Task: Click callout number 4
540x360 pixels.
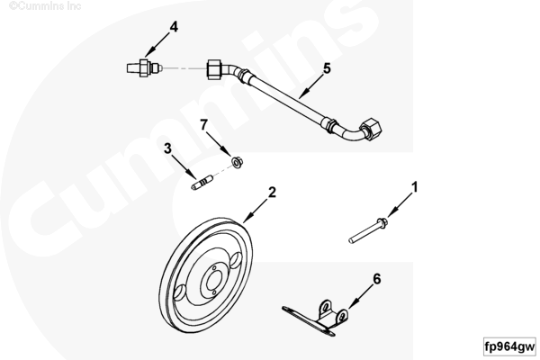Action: click(x=174, y=26)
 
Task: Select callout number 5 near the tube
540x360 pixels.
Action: click(x=327, y=68)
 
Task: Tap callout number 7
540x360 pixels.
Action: click(x=204, y=125)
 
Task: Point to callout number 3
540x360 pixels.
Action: click(x=167, y=148)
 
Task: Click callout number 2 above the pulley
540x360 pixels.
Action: click(x=272, y=193)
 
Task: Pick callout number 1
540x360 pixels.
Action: click(x=415, y=187)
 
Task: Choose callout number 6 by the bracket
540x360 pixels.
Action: click(x=377, y=279)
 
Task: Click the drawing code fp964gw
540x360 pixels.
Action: click(x=509, y=346)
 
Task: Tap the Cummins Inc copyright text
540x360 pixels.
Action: click(x=45, y=6)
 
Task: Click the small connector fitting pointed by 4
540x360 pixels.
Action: click(x=144, y=67)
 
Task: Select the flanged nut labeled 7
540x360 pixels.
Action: click(x=237, y=162)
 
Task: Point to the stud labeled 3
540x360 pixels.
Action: click(x=202, y=183)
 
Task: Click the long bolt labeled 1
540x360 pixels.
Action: click(x=368, y=230)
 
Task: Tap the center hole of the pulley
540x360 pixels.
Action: click(x=212, y=281)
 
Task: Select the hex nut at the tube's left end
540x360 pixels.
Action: click(x=214, y=68)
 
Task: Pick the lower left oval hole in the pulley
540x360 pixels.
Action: click(x=180, y=293)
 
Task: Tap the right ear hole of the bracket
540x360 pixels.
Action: click(x=342, y=316)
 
